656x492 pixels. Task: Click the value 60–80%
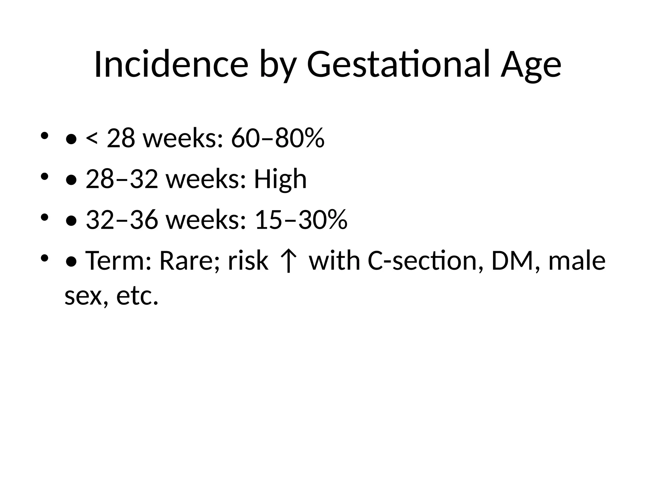pyautogui.click(x=278, y=139)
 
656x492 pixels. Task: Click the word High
pyautogui.click(x=280, y=179)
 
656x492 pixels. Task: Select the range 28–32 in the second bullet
pyautogui.click(x=122, y=179)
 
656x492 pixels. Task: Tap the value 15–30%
pyautogui.click(x=301, y=220)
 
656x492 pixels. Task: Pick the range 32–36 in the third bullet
pyautogui.click(x=122, y=220)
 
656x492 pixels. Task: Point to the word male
pyautogui.click(x=577, y=261)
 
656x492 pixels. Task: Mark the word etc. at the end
pyautogui.click(x=137, y=296)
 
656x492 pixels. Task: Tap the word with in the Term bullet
pyautogui.click(x=334, y=261)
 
